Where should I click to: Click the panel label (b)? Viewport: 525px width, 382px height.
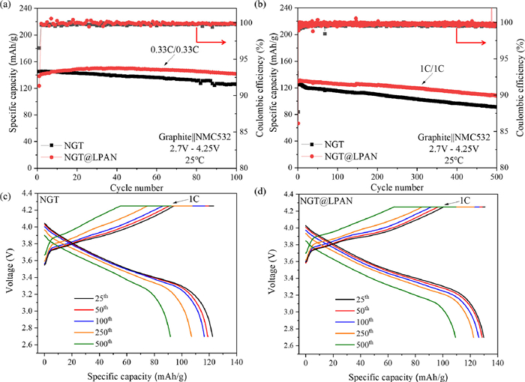268,7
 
